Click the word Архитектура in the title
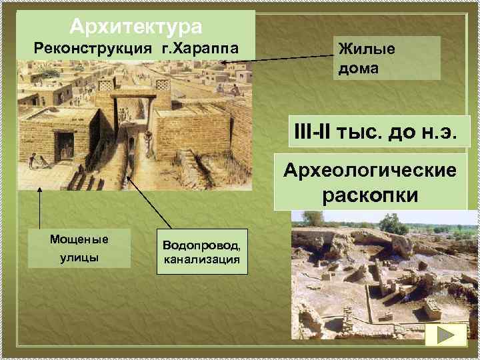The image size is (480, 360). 135,27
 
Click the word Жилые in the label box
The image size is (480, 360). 367,49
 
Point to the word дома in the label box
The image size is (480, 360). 361,67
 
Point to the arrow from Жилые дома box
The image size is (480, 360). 280,59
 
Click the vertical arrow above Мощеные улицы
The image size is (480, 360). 40,210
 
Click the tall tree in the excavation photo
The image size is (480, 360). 393,223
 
